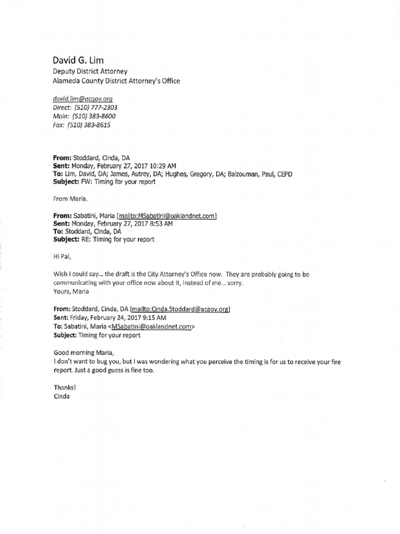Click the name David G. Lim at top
tap(79, 59)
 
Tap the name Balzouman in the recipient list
tap(244, 173)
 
